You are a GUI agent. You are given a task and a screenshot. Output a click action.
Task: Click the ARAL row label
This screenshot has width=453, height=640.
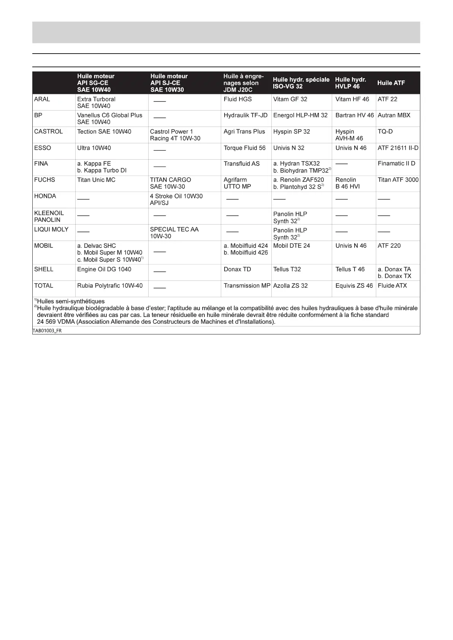(x=42, y=99)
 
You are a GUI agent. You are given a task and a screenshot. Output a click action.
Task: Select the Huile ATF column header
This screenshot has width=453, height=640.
(x=391, y=83)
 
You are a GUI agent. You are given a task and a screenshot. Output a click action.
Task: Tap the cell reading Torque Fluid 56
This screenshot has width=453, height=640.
(x=244, y=148)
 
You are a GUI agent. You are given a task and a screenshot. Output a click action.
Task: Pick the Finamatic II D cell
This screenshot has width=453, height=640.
(x=396, y=163)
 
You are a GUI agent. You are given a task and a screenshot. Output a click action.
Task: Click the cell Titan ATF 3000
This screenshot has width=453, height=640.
(x=398, y=180)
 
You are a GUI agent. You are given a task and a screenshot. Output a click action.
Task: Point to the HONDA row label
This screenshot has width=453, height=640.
(x=45, y=196)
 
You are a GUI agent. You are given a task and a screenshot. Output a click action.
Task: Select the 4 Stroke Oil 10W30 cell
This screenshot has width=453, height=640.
(x=176, y=200)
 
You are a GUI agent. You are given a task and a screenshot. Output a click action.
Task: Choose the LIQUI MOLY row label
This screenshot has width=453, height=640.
(x=51, y=230)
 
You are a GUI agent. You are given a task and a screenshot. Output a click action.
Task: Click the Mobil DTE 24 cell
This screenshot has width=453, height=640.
(x=291, y=246)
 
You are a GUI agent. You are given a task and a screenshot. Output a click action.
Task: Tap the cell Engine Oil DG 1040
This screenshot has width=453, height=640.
(x=104, y=269)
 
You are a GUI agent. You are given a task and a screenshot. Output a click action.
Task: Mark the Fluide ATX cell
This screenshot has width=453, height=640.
(x=392, y=286)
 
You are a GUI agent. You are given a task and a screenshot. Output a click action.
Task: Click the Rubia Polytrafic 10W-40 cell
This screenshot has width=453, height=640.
(x=110, y=286)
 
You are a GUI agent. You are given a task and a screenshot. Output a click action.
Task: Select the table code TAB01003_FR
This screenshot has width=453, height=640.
(x=47, y=331)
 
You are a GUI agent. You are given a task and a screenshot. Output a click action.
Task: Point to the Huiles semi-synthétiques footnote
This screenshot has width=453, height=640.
(x=70, y=301)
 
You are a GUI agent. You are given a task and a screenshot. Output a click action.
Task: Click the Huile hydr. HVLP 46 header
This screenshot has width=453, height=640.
(x=350, y=83)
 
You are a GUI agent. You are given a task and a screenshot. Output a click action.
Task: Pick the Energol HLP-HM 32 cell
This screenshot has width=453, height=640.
(x=300, y=115)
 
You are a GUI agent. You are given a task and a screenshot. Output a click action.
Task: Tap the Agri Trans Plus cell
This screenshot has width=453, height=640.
(x=244, y=131)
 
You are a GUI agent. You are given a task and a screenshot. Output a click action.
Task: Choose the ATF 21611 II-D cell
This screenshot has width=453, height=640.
(x=398, y=148)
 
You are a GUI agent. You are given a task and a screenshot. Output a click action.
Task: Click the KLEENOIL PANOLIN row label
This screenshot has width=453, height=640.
(x=49, y=216)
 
